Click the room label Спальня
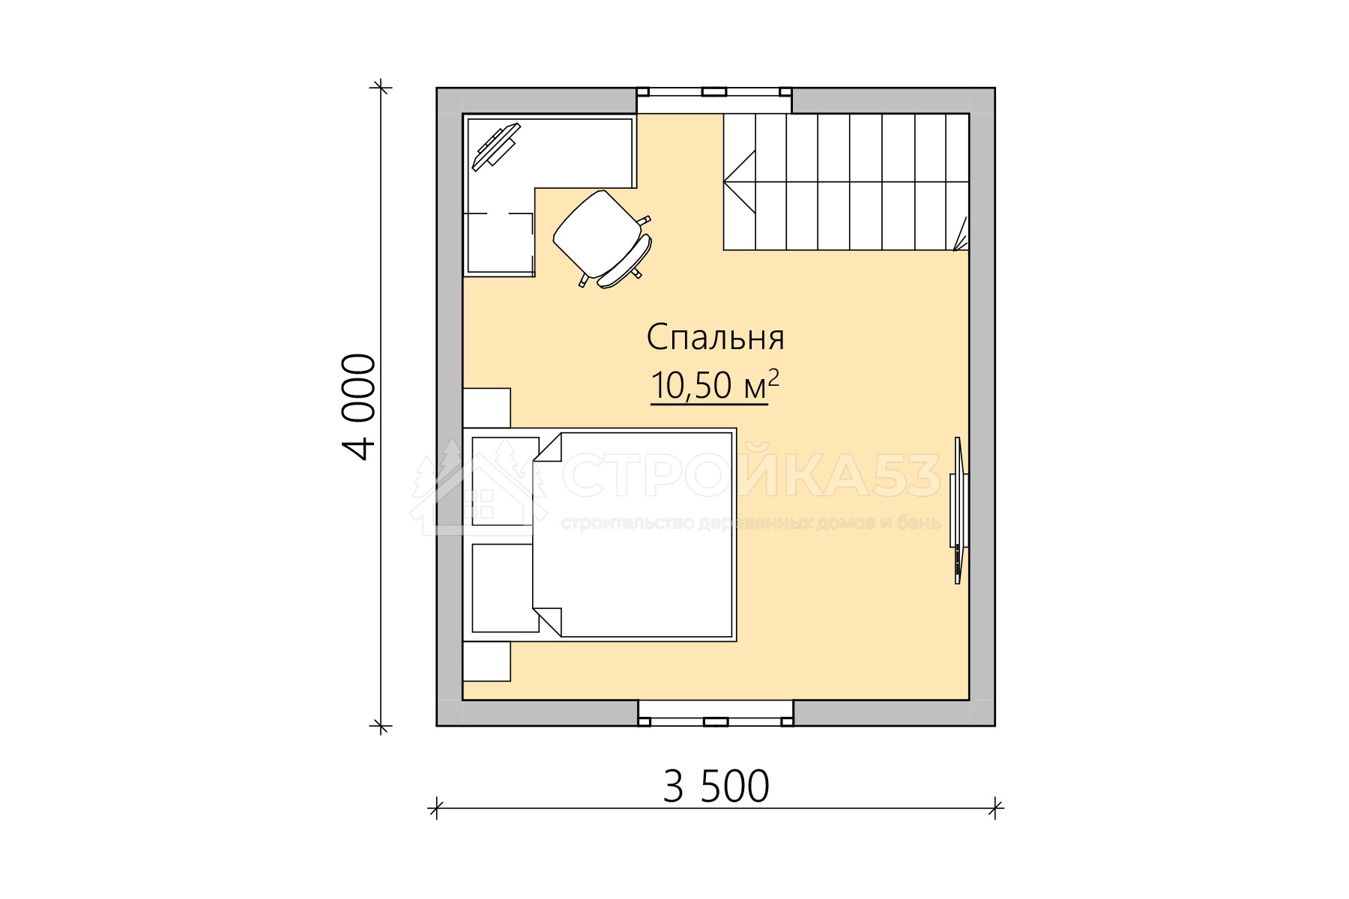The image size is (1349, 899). pos(716,339)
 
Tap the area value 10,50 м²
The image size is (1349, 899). pos(715,385)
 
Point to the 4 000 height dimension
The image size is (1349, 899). pos(359,407)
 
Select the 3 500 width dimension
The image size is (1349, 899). pos(716,787)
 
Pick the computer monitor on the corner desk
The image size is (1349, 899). pos(495,147)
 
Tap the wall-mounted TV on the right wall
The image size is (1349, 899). pos(959,510)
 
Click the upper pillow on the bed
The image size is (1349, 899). pos(505,480)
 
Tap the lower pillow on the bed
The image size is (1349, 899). pos(505,587)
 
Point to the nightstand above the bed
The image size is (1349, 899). pos(486,408)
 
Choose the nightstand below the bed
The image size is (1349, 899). pos(486,661)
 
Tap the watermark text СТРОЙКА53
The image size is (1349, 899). pos(752,476)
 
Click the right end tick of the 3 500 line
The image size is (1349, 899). pos(995,808)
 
